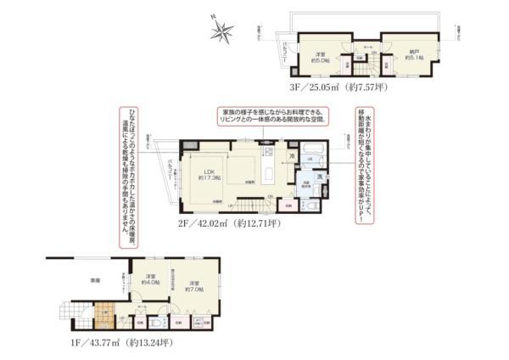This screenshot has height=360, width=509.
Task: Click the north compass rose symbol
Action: coord(225,31)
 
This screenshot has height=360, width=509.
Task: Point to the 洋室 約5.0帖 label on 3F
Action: coord(321,58)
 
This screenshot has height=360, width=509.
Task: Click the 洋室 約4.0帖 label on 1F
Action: coord(151,281)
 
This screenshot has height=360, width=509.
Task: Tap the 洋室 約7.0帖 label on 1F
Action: coord(195,287)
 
